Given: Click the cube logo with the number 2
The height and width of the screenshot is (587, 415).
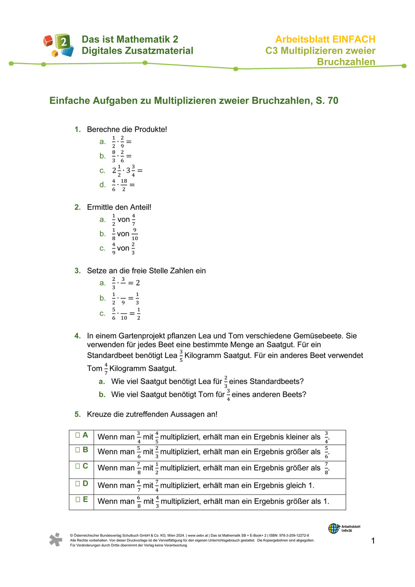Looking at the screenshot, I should [59, 45].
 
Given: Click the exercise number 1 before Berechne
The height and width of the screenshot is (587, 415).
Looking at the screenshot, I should [77, 129].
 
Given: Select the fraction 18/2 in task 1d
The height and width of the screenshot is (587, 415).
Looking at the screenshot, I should [124, 185].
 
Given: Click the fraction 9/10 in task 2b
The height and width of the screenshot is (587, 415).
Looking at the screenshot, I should [135, 234].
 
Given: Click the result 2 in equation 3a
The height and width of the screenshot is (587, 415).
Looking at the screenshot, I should [138, 283].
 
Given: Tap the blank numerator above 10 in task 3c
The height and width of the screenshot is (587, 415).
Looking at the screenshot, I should [124, 311].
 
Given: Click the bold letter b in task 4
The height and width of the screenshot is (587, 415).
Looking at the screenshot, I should [102, 394].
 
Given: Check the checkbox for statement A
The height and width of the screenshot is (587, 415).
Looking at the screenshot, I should [77, 435].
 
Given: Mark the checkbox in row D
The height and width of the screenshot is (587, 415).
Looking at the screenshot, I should [77, 483].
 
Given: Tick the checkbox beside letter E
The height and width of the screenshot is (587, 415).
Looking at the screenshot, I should [77, 499].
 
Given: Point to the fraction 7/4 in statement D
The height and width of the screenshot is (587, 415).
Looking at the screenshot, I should [157, 485].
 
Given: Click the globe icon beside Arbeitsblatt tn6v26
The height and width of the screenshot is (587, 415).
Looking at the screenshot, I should [333, 528].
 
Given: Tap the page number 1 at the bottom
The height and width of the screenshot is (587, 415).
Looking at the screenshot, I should [373, 541].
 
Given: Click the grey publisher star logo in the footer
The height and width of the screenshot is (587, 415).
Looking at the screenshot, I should [56, 539].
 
